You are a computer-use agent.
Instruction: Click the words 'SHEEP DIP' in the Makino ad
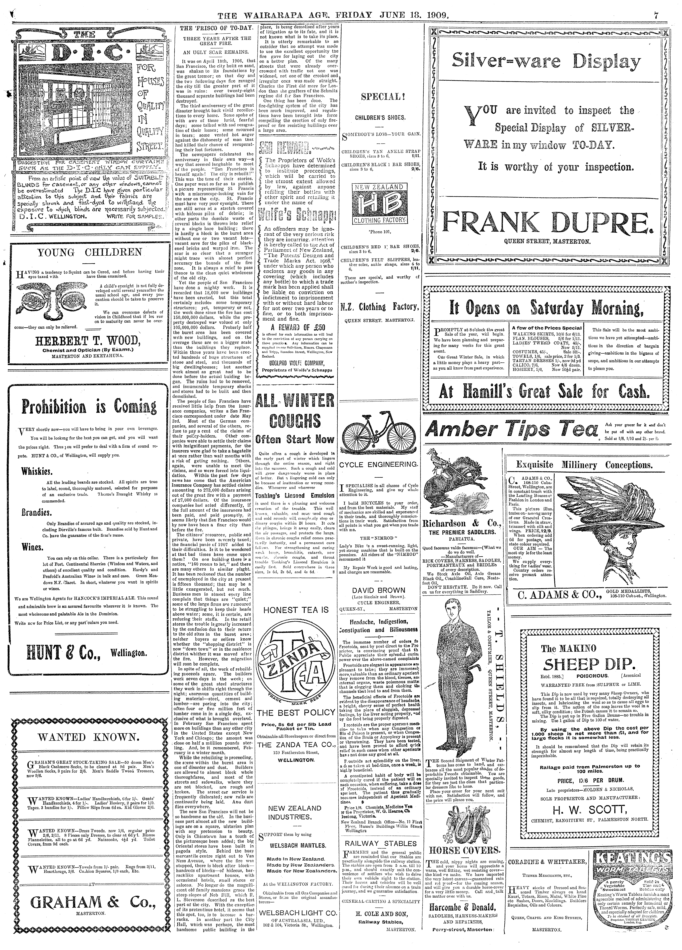click(589, 664)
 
